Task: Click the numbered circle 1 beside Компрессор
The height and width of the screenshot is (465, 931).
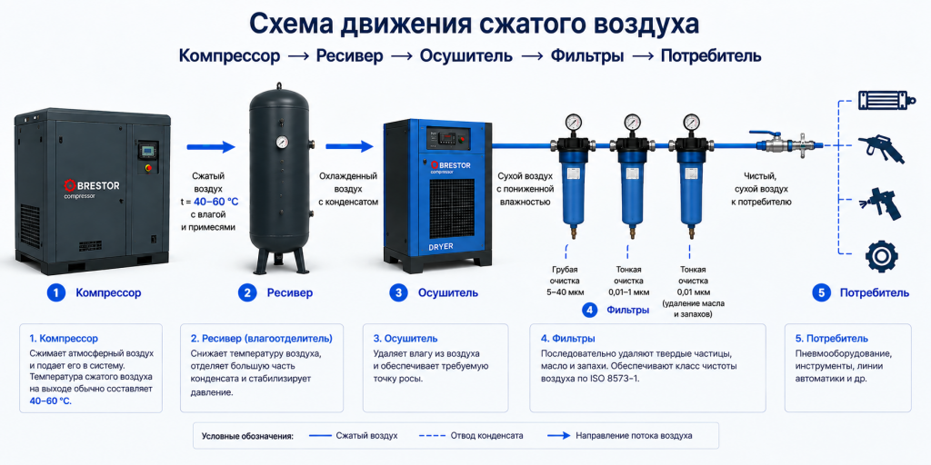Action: (x=55, y=292)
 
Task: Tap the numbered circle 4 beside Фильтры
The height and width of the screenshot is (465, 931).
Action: (x=589, y=310)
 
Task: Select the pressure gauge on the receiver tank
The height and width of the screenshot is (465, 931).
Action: (x=282, y=143)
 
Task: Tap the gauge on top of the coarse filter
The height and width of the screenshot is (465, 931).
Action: (x=573, y=123)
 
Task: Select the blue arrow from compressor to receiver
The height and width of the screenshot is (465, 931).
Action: (x=211, y=147)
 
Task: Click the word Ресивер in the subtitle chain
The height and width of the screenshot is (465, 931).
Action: (x=350, y=56)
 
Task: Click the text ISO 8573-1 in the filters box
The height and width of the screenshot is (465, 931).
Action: (x=617, y=378)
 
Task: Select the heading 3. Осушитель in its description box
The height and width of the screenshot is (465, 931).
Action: (x=405, y=339)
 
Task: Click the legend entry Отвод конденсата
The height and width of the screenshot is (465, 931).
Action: (x=487, y=435)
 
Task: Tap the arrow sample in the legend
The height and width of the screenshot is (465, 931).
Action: (x=556, y=435)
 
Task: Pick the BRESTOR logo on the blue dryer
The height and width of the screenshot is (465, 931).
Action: (x=451, y=166)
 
